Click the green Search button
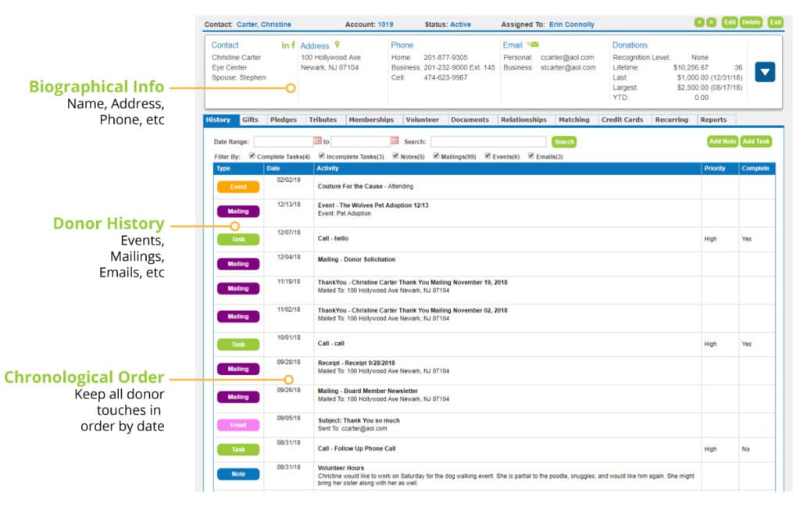click(563, 142)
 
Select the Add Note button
click(722, 142)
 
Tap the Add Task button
click(755, 142)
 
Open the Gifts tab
click(250, 120)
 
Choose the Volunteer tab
click(422, 120)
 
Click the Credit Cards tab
click(622, 120)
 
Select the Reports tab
click(713, 120)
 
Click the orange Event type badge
click(237, 187)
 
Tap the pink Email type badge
click(237, 425)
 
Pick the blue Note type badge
click(237, 473)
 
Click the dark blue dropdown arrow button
click(765, 72)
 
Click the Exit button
click(775, 23)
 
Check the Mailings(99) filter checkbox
click(437, 156)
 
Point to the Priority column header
click(714, 168)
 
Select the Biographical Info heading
click(97, 87)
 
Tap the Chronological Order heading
click(84, 378)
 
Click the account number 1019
click(385, 25)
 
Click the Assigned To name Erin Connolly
click(571, 25)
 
